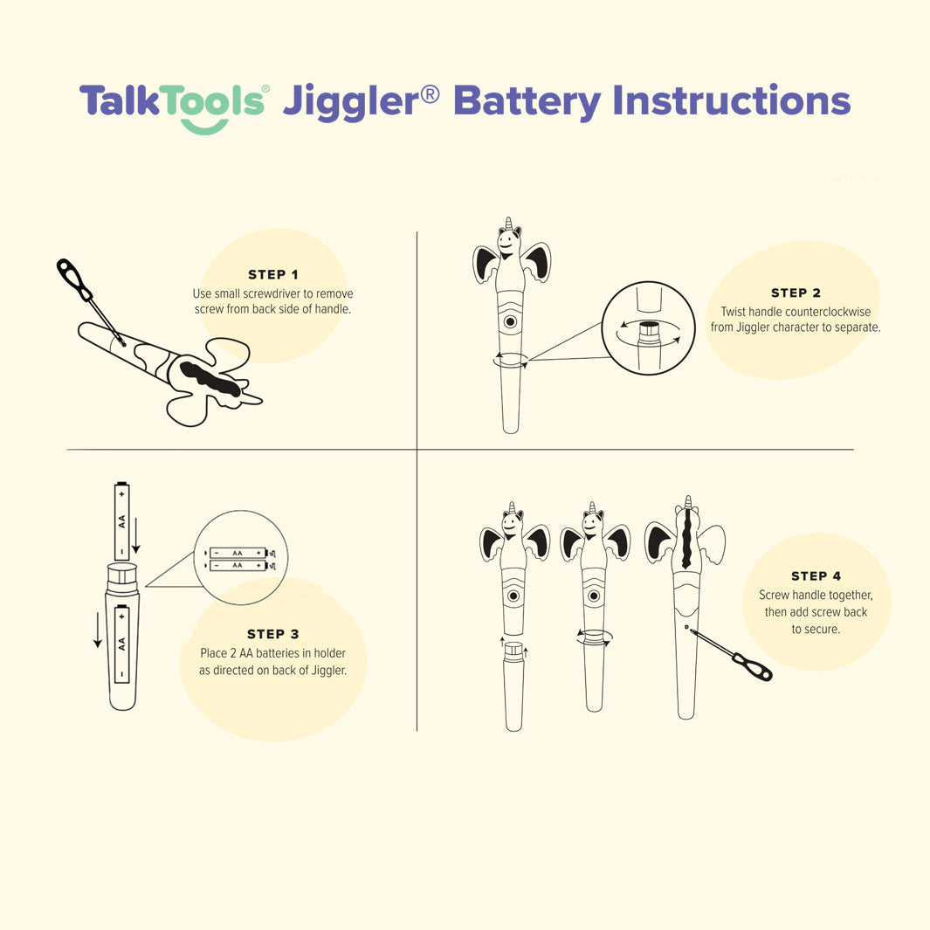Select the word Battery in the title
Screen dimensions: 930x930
[x=527, y=102]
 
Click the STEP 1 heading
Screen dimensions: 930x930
[x=272, y=274]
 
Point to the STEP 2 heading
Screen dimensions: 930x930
[x=796, y=293]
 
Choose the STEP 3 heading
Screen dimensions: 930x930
[x=272, y=634]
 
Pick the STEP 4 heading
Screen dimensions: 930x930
[x=816, y=575]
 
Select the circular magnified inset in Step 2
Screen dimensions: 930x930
[x=648, y=327]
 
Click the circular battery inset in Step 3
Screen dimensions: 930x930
[x=240, y=558]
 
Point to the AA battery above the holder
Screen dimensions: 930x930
[x=121, y=521]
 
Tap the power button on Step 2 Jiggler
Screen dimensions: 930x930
[x=511, y=321]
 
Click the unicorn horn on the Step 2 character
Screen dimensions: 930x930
[x=507, y=223]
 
